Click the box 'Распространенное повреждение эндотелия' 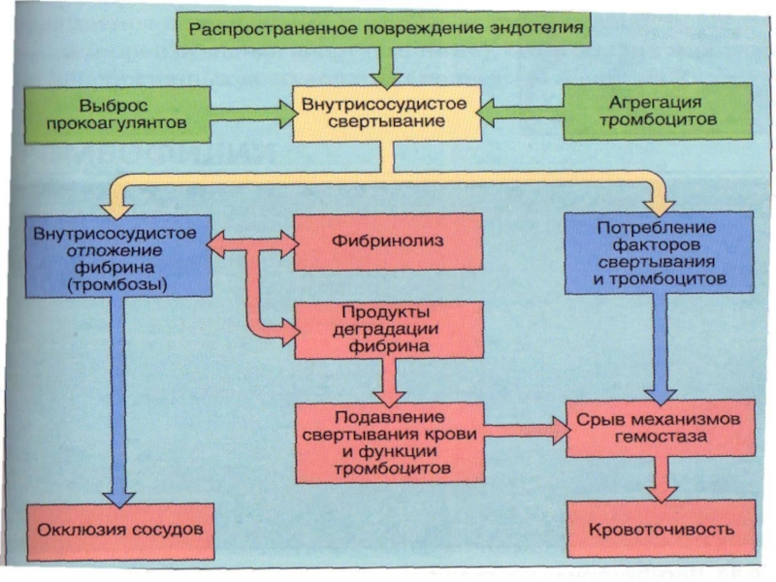(386, 28)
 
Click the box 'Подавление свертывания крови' (389, 441)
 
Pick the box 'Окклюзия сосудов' (120, 531)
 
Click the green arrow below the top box (386, 68)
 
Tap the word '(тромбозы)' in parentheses (115, 286)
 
